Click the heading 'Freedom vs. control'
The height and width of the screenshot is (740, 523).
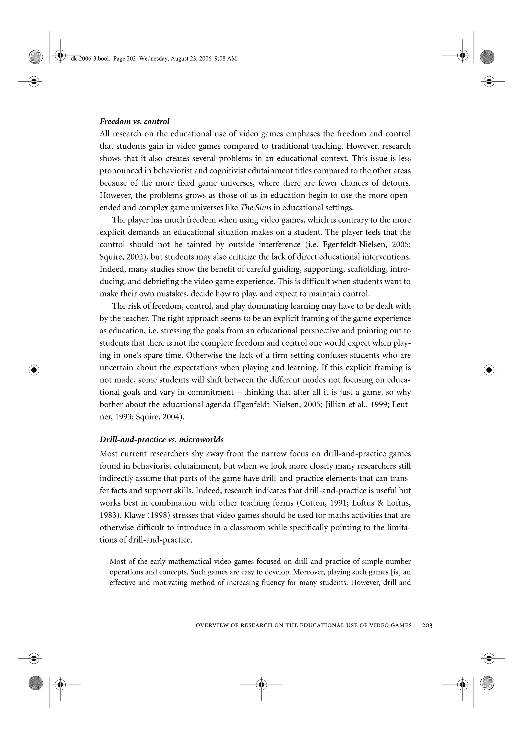click(134, 122)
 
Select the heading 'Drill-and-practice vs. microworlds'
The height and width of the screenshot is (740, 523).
click(161, 440)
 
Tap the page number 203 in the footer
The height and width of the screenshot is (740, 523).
click(427, 625)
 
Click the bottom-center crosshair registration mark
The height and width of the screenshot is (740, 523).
click(261, 684)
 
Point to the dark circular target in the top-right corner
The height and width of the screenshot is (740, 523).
click(487, 57)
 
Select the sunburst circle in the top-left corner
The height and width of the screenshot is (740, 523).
click(35, 57)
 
